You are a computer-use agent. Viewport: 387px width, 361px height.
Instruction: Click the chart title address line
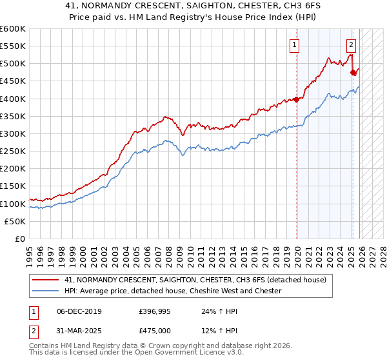(193, 5)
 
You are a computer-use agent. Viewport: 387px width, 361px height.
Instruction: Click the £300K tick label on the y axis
(13, 133)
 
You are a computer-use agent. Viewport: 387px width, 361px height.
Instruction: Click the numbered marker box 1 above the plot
(294, 45)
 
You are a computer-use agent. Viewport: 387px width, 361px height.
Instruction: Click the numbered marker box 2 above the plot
(351, 45)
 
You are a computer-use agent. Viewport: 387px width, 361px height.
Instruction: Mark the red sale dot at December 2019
(297, 99)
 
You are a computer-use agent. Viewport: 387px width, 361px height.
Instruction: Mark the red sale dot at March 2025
(353, 73)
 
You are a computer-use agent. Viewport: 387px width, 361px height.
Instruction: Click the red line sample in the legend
(46, 280)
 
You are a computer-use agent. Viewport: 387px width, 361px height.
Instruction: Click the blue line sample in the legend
(46, 291)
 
